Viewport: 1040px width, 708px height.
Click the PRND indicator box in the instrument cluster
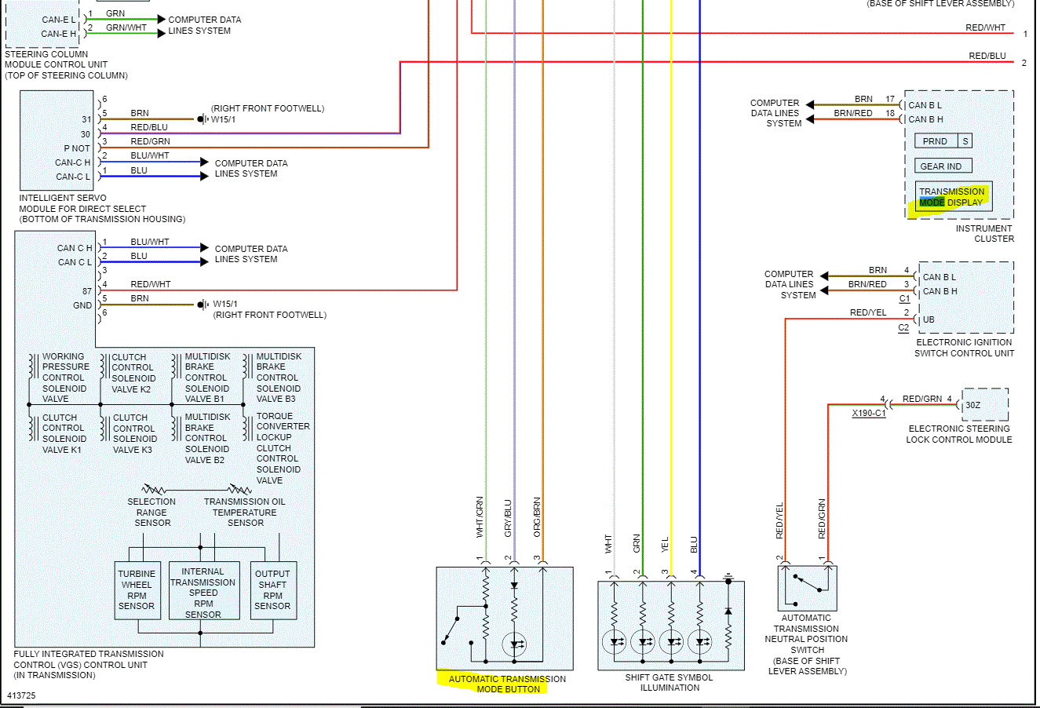pyautogui.click(x=936, y=141)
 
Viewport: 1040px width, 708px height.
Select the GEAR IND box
pyautogui.click(x=943, y=166)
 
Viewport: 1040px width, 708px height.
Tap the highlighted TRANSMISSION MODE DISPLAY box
pyautogui.click(x=953, y=197)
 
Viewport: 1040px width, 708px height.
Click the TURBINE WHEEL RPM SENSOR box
pyautogui.click(x=137, y=590)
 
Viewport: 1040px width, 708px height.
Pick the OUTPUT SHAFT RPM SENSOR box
pyautogui.click(x=273, y=590)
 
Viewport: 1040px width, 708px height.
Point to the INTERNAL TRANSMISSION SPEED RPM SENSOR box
pyautogui.click(x=204, y=590)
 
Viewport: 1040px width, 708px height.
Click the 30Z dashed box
pyautogui.click(x=985, y=405)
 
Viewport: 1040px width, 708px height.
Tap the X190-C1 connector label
pyautogui.click(x=869, y=413)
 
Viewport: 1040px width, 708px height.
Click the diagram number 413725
pyautogui.click(x=21, y=695)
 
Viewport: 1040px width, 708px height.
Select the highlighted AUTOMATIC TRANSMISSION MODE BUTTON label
pyautogui.click(x=507, y=684)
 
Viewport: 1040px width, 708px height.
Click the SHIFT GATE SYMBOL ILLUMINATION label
pyautogui.click(x=669, y=682)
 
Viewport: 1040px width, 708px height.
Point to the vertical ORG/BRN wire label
pyautogui.click(x=537, y=517)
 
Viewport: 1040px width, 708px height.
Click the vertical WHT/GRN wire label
pyautogui.click(x=480, y=517)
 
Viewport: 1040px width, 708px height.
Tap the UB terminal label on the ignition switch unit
pyautogui.click(x=929, y=319)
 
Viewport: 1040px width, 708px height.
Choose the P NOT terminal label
pyautogui.click(x=77, y=148)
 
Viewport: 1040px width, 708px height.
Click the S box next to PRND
pyautogui.click(x=965, y=141)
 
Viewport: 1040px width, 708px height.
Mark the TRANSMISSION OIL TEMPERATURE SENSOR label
pyautogui.click(x=245, y=512)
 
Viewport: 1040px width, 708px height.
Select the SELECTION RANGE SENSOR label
pyautogui.click(x=151, y=512)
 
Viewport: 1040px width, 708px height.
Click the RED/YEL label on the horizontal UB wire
pyautogui.click(x=868, y=312)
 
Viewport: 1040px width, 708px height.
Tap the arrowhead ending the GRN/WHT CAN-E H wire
pyautogui.click(x=162, y=34)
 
